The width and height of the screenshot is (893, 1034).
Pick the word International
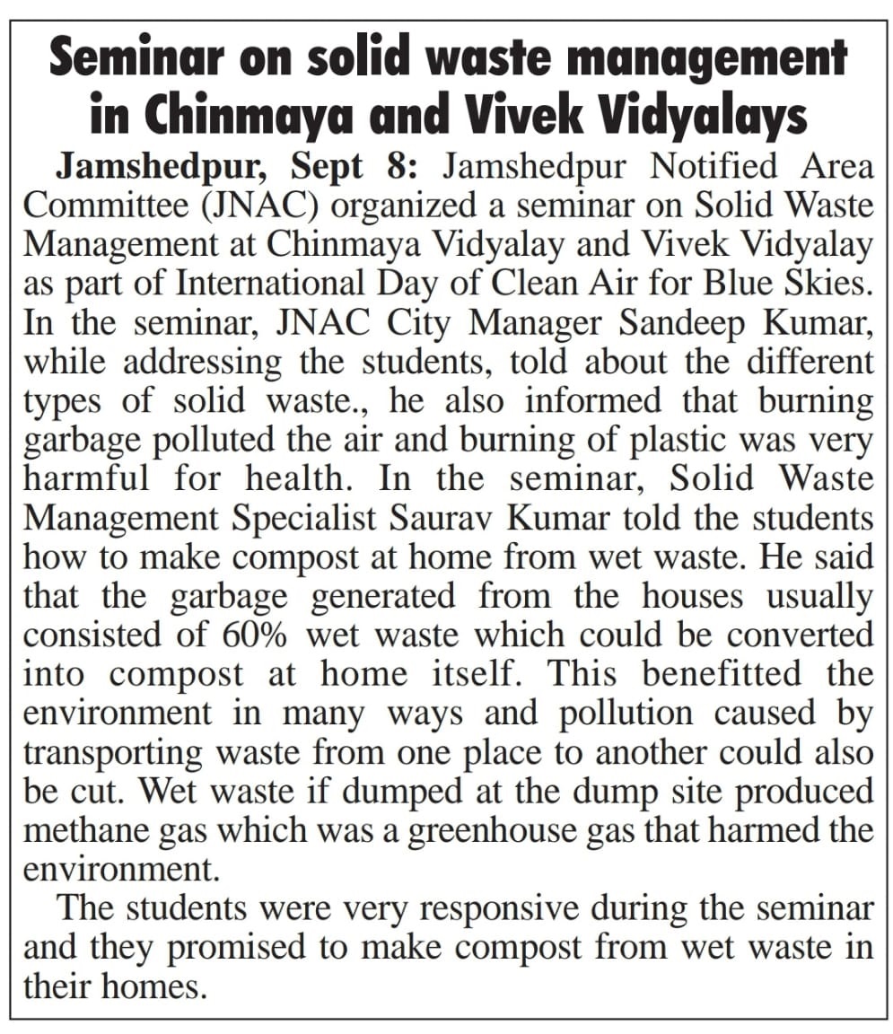point(269,284)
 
